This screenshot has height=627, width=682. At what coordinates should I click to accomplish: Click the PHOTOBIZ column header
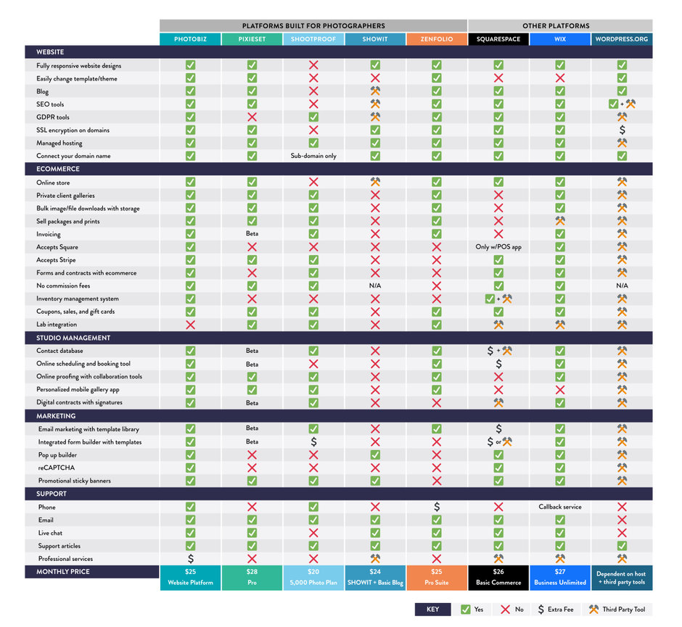point(190,39)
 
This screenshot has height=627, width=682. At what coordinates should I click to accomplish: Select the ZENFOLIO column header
point(437,39)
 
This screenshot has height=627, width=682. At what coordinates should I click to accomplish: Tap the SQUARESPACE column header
point(498,39)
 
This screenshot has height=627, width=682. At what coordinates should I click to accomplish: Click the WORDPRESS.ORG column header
point(622,39)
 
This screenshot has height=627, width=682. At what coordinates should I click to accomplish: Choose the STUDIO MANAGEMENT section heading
point(73,338)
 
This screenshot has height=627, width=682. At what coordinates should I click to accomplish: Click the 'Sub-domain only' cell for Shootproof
point(313,156)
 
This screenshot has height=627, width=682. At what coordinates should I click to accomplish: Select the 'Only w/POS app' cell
point(498,247)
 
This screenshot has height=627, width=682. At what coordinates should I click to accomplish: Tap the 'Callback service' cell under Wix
point(560,507)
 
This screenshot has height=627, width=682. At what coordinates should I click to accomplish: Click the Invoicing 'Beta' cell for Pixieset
point(252,234)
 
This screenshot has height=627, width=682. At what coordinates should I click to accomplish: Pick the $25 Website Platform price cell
point(190,577)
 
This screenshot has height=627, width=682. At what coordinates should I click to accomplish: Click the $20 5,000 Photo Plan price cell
point(313,577)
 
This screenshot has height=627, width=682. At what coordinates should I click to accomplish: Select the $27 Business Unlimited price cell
point(560,577)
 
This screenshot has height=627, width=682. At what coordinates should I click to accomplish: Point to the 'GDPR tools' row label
point(53,117)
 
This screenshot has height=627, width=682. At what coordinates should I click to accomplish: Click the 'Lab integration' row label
point(57,325)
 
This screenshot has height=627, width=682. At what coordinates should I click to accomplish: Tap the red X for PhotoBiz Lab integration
point(190,325)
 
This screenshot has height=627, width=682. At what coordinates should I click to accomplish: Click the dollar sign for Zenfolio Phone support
point(437,507)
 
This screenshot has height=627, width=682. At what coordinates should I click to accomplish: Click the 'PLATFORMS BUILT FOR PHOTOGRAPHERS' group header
point(313,26)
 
